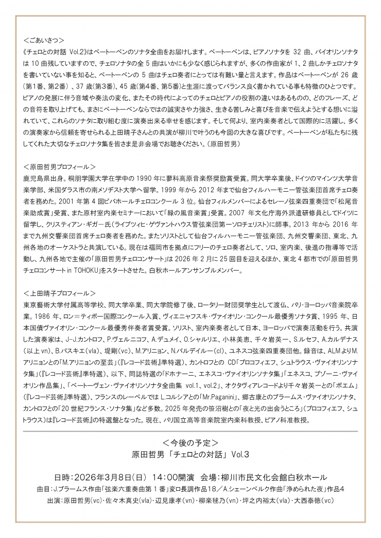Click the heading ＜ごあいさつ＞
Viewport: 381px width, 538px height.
point(44,40)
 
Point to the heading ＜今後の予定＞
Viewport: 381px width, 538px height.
point(190,442)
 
